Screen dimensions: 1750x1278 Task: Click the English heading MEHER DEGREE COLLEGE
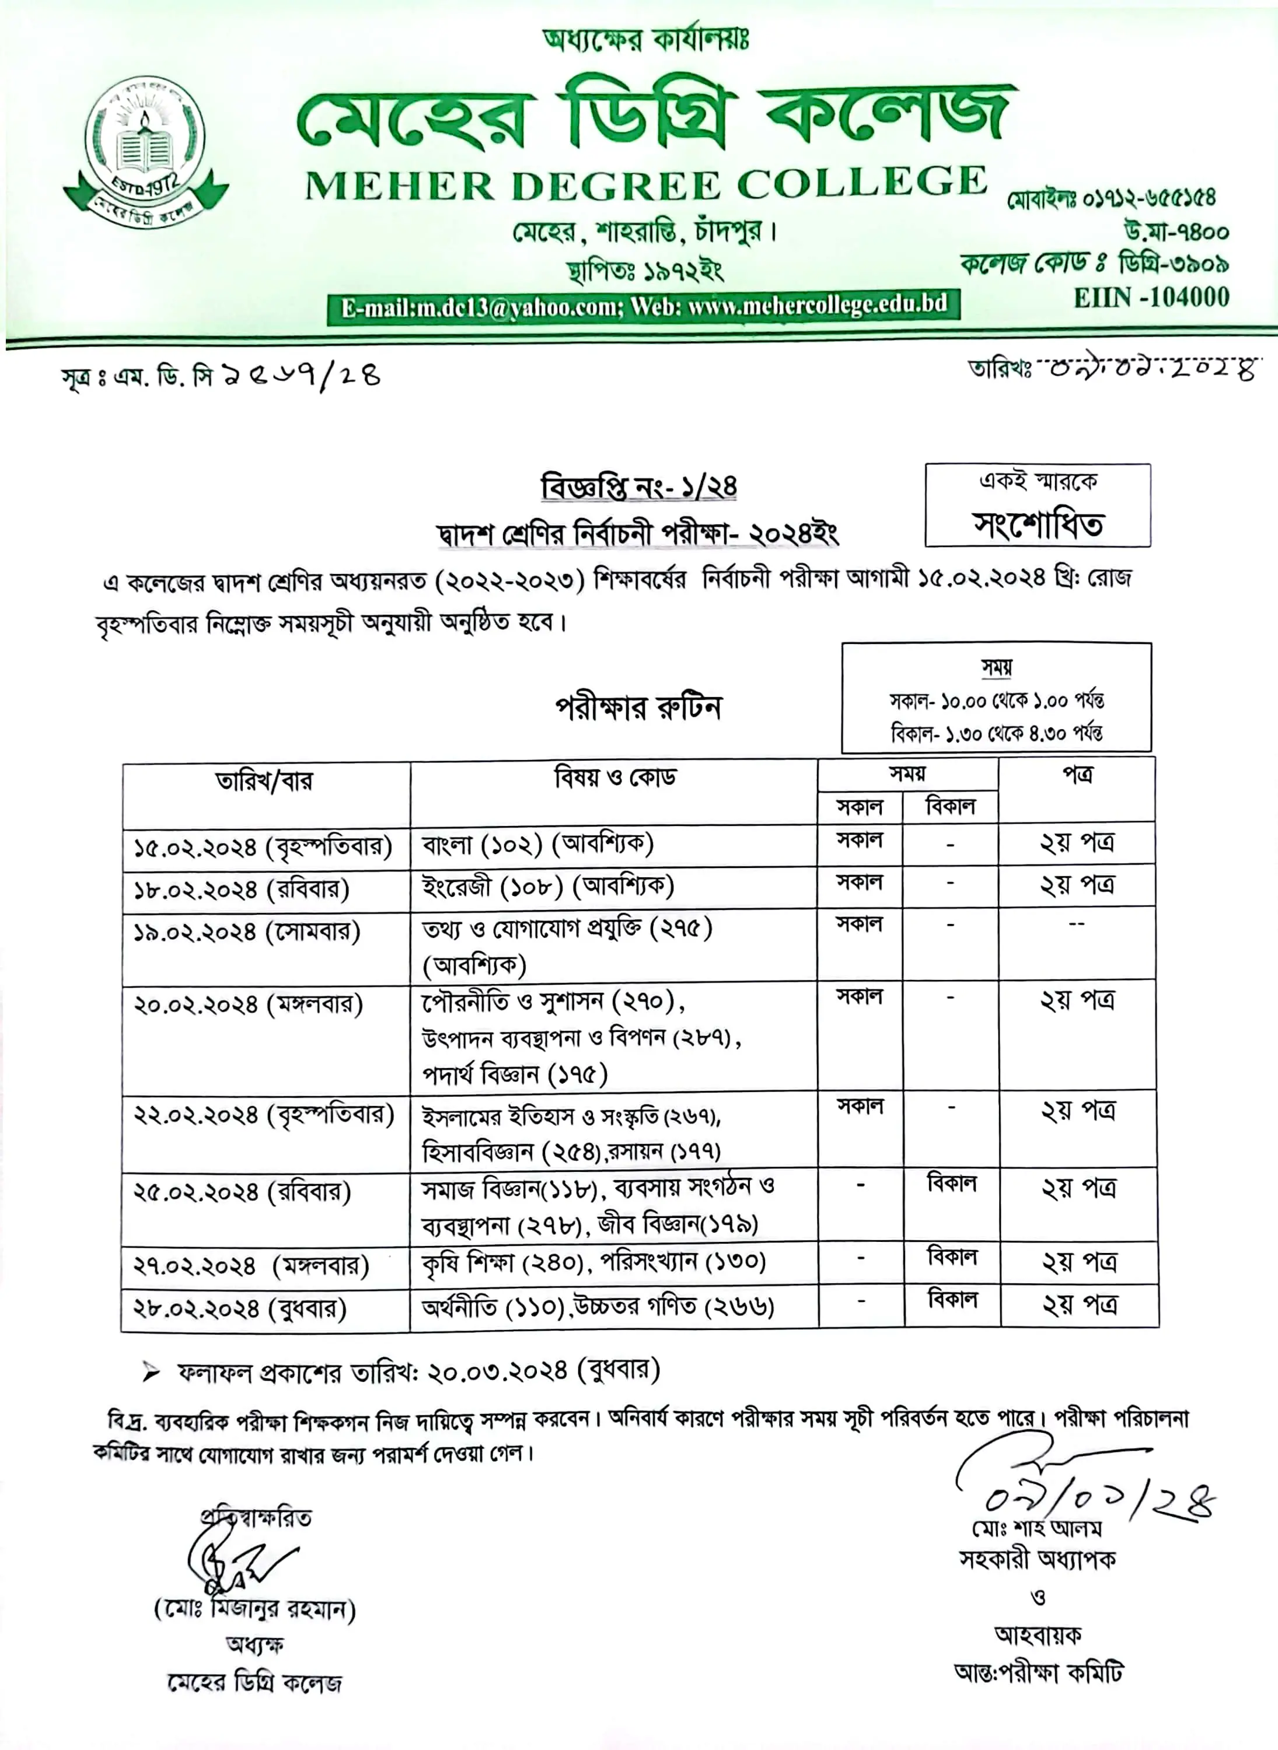click(x=646, y=185)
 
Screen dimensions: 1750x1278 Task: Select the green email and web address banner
click(x=643, y=306)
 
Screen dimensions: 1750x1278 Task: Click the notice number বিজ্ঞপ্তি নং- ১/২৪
click(x=638, y=487)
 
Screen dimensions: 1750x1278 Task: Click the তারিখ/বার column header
click(x=264, y=781)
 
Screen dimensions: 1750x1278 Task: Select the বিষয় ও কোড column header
click(x=615, y=776)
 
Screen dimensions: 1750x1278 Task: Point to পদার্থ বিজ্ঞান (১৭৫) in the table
click(x=515, y=1074)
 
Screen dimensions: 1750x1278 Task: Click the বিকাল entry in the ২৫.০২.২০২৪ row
click(x=952, y=1184)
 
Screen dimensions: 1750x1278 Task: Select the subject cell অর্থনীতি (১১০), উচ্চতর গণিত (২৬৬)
click(x=597, y=1307)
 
